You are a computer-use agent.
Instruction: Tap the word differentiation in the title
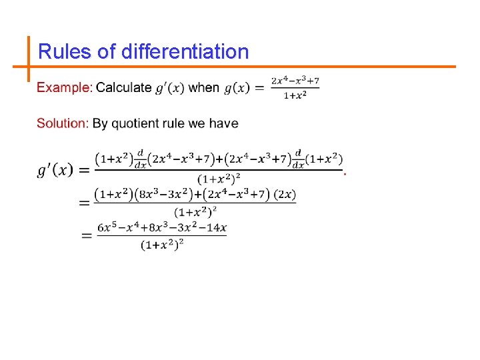pyautogui.click(x=185, y=52)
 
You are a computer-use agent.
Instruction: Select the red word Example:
pyautogui.click(x=64, y=88)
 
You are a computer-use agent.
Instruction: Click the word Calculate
pyautogui.click(x=124, y=88)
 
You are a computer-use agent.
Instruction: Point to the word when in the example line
pyautogui.click(x=204, y=88)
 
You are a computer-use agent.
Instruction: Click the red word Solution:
pyautogui.click(x=63, y=123)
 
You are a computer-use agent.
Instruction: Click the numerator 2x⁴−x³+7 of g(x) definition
pyautogui.click(x=295, y=81)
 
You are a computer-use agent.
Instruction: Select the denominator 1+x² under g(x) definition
pyautogui.click(x=295, y=95)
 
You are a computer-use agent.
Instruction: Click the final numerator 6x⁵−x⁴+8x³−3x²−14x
pyautogui.click(x=162, y=228)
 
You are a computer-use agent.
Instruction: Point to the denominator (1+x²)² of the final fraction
pyautogui.click(x=162, y=245)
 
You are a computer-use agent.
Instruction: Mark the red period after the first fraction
pyautogui.click(x=345, y=173)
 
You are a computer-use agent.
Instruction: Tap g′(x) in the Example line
pyautogui.click(x=169, y=88)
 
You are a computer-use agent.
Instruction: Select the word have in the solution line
pyautogui.click(x=224, y=123)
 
